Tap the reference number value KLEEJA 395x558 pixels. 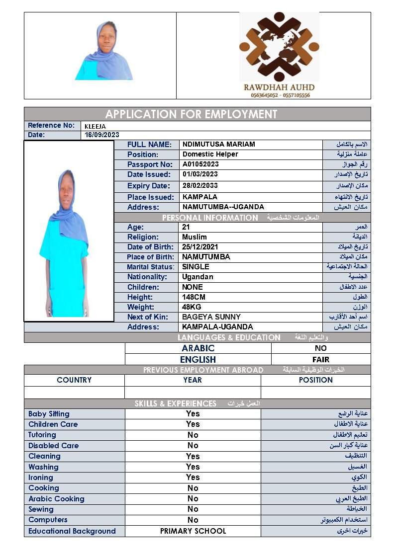[95, 126]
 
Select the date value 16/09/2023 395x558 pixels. [102, 135]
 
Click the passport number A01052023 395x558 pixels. [200, 164]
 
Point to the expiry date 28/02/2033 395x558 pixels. [200, 186]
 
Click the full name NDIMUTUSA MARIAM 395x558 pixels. [218, 145]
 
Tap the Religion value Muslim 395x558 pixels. [195, 237]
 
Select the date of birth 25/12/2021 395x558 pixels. [200, 247]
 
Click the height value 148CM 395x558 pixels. [194, 297]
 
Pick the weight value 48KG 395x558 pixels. [192, 307]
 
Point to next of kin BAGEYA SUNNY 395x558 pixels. [211, 317]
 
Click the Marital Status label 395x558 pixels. [150, 267]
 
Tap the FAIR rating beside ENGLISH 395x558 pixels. [320, 359]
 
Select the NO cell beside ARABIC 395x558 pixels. [320, 348]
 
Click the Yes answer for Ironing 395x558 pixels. [193, 477]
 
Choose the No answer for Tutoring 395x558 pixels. [193, 435]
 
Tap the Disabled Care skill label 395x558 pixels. [53, 446]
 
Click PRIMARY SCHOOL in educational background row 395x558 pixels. [193, 531]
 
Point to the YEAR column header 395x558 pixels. [193, 380]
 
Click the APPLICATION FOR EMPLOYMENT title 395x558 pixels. [191, 114]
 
